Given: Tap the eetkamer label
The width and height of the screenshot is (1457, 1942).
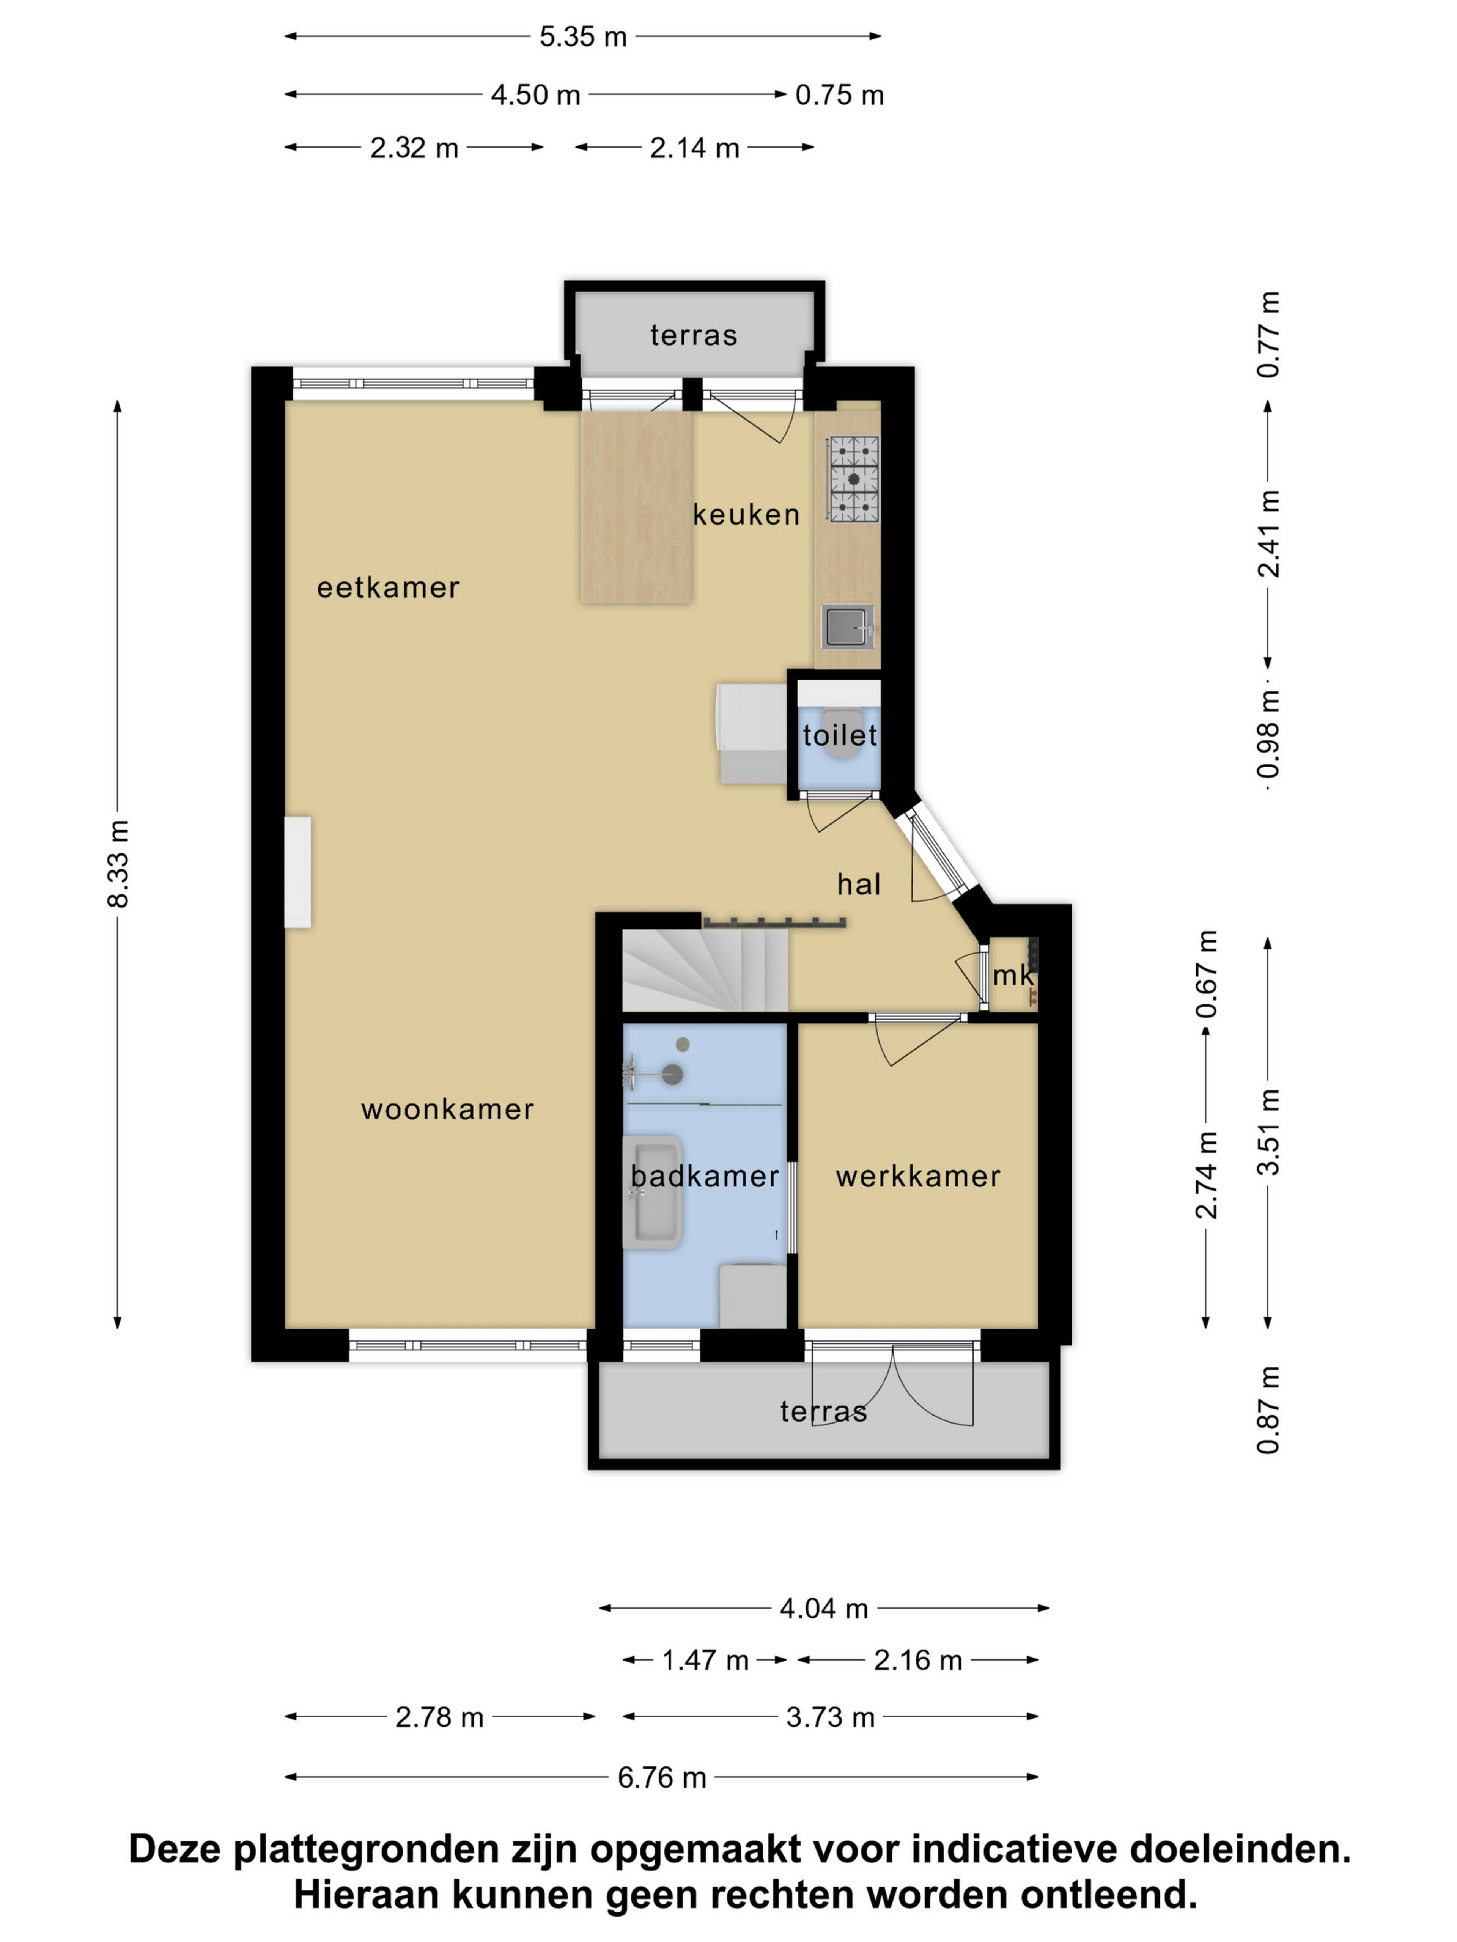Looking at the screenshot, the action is click(388, 587).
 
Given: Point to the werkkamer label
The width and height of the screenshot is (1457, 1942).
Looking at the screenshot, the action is click(918, 1177).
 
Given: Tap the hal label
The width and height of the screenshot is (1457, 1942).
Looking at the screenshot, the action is click(858, 884).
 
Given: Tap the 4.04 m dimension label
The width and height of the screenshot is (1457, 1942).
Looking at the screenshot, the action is click(824, 1608).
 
